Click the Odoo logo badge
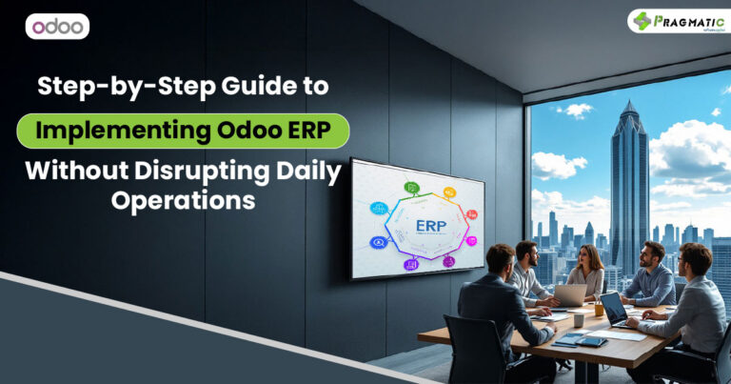[x=57, y=26]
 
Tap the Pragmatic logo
[x=672, y=21]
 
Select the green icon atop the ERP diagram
[x=412, y=188]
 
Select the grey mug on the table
[x=578, y=319]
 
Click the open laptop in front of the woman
[x=570, y=296]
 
